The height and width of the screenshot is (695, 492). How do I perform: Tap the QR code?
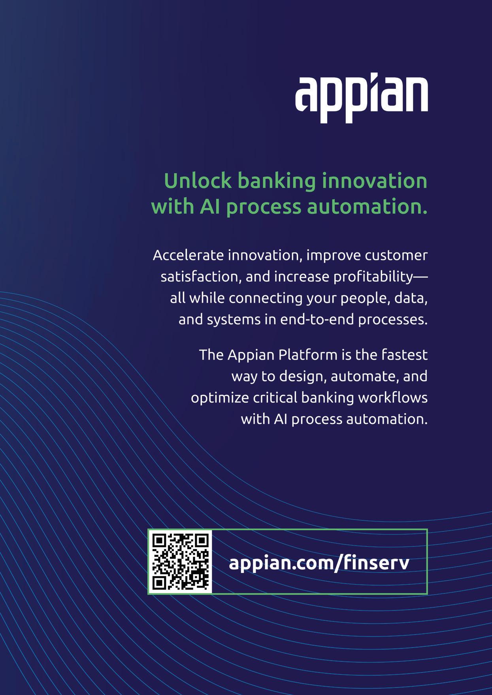click(x=180, y=561)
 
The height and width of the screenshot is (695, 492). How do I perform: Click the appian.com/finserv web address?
click(x=319, y=562)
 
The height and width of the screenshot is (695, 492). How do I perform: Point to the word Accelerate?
click(x=188, y=255)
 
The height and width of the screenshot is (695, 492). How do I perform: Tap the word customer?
click(x=396, y=255)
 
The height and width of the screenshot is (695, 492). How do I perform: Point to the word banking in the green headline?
click(x=276, y=181)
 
